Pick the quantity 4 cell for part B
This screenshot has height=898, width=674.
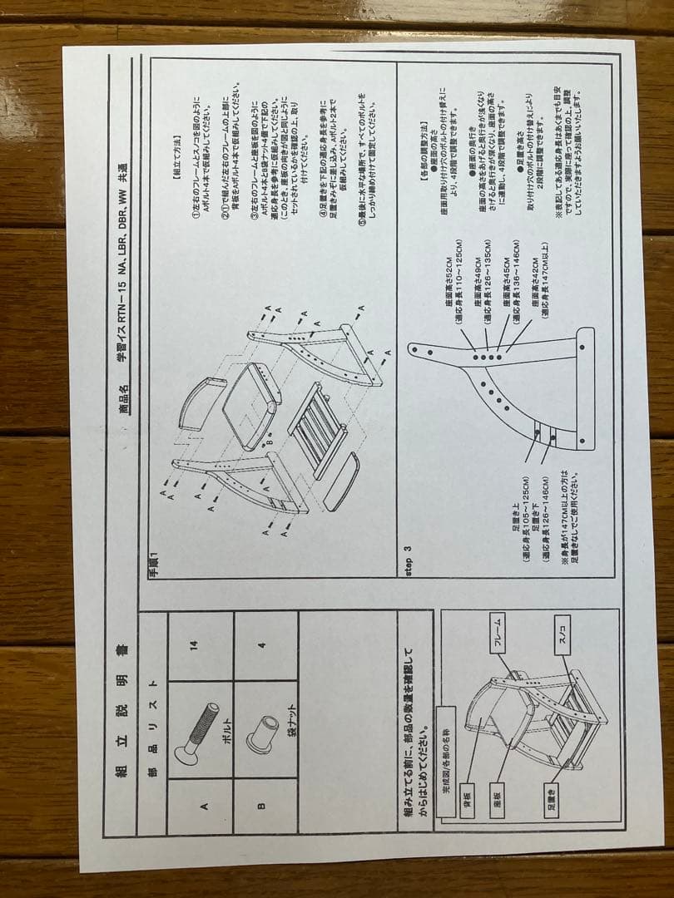(261, 645)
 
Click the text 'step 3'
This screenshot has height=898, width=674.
(408, 561)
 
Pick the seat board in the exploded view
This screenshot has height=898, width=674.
(248, 408)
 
